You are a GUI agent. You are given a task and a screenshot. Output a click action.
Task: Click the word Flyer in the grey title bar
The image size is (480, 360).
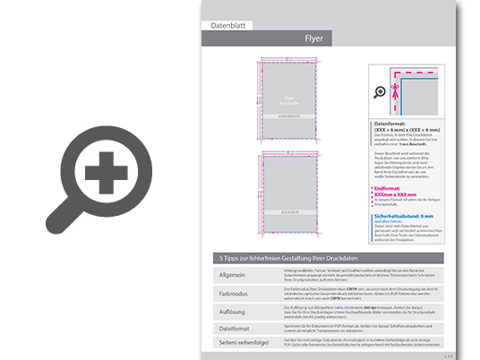click(313, 39)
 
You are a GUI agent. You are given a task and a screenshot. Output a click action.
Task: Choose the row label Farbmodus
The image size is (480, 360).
click(233, 291)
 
